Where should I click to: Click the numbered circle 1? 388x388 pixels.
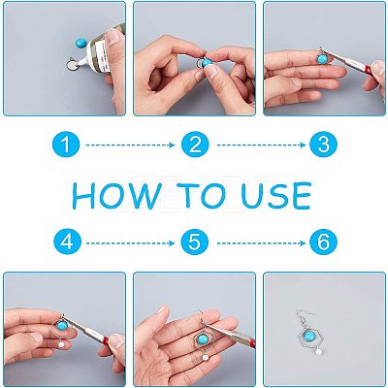[66, 145]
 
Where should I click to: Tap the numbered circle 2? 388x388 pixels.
[195, 145]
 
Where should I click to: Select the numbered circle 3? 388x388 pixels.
[323, 145]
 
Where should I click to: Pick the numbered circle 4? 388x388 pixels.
[67, 242]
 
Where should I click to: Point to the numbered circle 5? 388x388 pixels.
[194, 242]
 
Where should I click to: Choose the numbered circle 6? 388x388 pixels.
[323, 242]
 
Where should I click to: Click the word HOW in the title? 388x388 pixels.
[117, 195]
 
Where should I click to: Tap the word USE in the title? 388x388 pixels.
[276, 195]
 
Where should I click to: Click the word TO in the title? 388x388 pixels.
[201, 195]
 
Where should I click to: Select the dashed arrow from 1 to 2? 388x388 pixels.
[130, 145]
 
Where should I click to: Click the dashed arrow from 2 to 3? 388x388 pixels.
[261, 145]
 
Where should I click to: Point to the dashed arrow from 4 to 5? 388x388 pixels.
[130, 243]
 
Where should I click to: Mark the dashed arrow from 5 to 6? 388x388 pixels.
[261, 243]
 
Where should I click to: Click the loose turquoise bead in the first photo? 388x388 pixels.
[81, 42]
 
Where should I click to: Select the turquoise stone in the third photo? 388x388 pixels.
[322, 59]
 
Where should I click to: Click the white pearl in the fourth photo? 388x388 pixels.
[60, 344]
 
